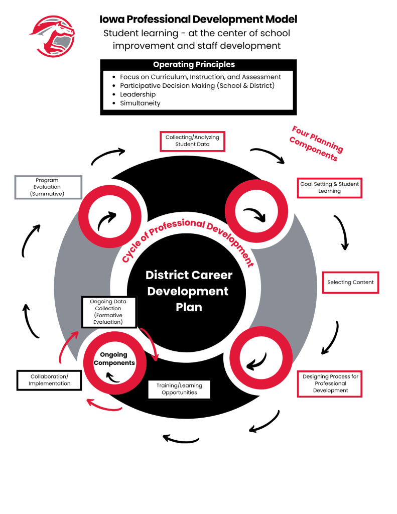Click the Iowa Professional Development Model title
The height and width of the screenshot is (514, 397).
198,20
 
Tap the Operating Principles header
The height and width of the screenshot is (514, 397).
194,65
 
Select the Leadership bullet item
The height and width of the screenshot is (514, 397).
138,94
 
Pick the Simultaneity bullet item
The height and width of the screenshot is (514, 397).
140,103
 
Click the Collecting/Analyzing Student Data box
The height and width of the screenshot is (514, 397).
192,141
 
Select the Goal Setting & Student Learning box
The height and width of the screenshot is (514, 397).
329,188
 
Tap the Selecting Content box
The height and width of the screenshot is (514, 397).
350,283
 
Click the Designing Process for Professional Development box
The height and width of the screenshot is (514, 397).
330,383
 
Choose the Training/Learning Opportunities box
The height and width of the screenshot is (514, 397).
179,389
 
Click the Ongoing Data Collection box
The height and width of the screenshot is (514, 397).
108,312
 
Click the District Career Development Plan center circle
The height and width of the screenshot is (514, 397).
189,291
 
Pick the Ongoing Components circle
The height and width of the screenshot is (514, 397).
114,359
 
